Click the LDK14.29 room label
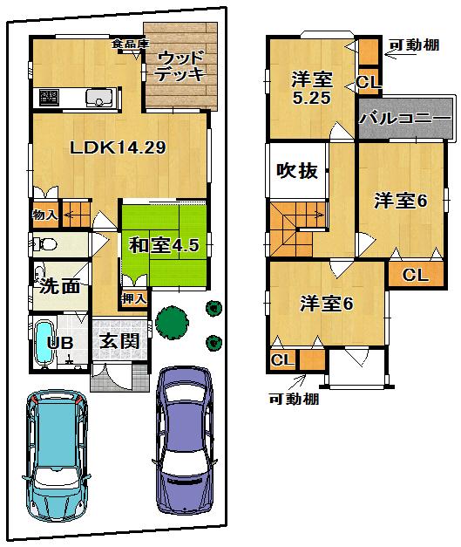(118, 148)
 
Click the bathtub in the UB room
(44, 345)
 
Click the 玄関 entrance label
(118, 341)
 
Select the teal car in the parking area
(57, 454)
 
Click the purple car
(184, 441)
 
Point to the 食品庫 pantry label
(131, 43)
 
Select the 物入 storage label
(44, 214)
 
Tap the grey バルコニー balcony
(404, 118)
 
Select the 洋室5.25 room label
(311, 87)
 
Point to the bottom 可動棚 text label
(294, 400)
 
